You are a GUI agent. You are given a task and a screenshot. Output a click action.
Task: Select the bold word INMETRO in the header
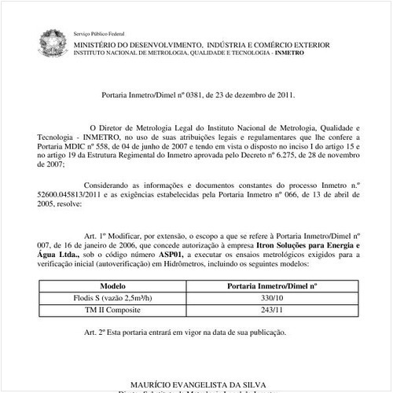[321, 53]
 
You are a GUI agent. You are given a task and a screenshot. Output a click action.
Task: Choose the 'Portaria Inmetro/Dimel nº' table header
[271, 287]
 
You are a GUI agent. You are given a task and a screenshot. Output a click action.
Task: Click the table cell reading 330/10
[271, 299]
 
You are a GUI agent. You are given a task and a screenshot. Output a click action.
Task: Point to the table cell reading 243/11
[271, 312]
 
